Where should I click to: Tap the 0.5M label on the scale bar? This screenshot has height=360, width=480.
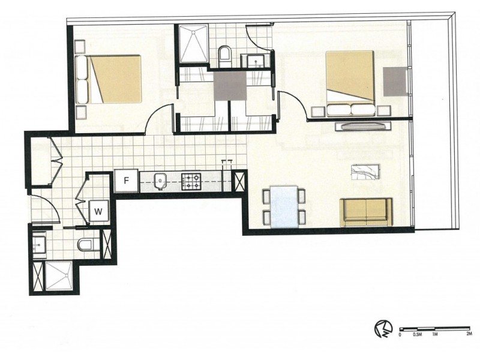[418, 335]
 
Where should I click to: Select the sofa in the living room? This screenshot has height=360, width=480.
[367, 212]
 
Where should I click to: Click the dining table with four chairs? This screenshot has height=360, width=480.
[284, 206]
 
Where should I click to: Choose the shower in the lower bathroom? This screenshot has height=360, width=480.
[59, 277]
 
